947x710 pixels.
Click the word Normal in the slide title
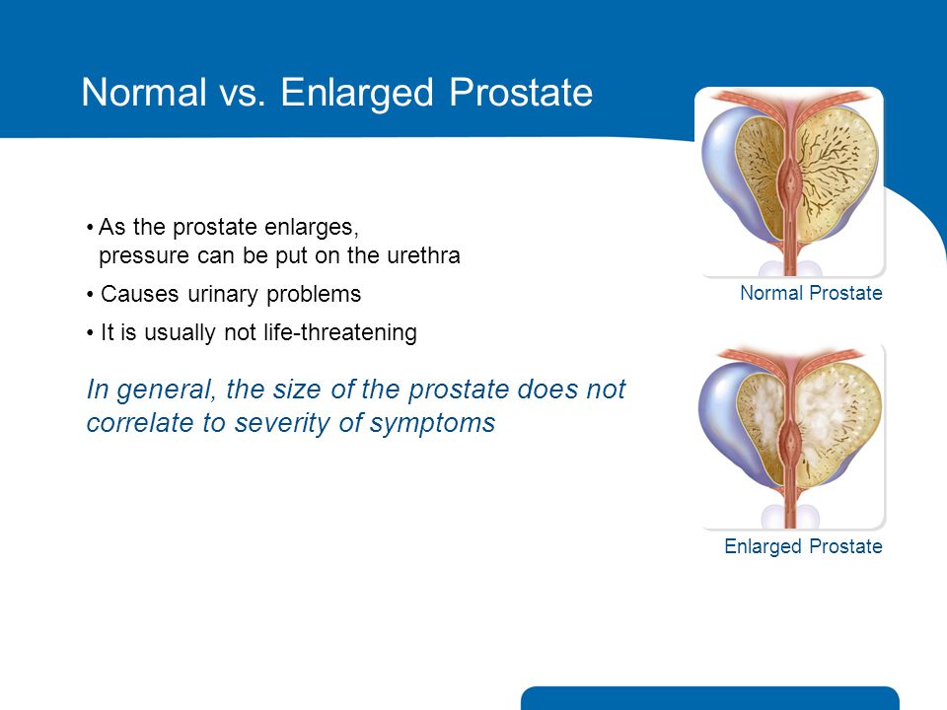(144, 93)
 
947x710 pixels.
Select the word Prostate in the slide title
(521, 93)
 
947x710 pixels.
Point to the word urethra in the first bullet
(423, 255)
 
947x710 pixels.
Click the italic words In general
(152, 390)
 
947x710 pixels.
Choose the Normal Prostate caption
(811, 294)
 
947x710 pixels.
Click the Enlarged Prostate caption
(803, 547)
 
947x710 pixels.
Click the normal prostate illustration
(790, 182)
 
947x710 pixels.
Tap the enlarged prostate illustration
(790, 437)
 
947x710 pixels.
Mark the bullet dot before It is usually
(90, 333)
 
